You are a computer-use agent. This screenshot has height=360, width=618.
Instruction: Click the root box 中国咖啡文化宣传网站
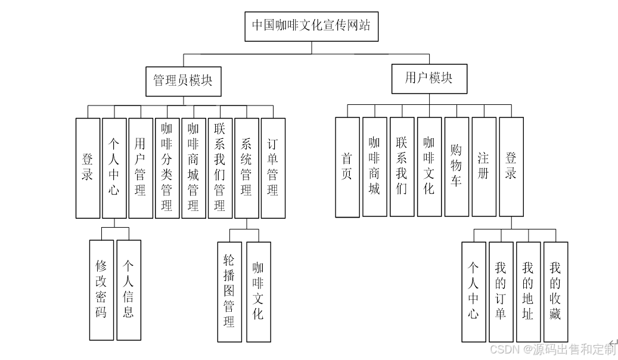pyautogui.click(x=311, y=26)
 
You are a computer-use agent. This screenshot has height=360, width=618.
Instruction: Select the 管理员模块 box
pyautogui.click(x=183, y=81)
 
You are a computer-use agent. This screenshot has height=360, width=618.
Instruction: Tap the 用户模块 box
pyautogui.click(x=428, y=79)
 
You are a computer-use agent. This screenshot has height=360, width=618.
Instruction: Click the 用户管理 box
pyautogui.click(x=141, y=167)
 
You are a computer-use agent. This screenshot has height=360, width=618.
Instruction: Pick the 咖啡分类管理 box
pyautogui.click(x=167, y=167)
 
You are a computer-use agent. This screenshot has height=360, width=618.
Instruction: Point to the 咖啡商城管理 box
pyautogui.click(x=193, y=167)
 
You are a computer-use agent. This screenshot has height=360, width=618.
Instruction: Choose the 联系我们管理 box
pyautogui.click(x=220, y=167)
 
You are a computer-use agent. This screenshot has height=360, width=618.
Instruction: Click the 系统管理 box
pyautogui.click(x=246, y=167)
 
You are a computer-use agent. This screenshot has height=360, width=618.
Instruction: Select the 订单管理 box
pyautogui.click(x=273, y=167)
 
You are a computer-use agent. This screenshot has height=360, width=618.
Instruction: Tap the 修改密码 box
pyautogui.click(x=101, y=290)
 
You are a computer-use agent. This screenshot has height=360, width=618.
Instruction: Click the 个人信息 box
pyautogui.click(x=129, y=290)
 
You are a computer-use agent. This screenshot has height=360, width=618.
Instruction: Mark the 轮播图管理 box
pyautogui.click(x=229, y=291)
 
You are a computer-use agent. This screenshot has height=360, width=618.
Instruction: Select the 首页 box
pyautogui.click(x=347, y=167)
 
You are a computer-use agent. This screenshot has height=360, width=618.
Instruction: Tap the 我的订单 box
pyautogui.click(x=501, y=291)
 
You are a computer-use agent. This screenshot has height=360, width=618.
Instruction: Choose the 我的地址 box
pyautogui.click(x=528, y=291)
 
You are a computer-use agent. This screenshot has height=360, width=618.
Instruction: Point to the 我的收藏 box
pyautogui.click(x=555, y=291)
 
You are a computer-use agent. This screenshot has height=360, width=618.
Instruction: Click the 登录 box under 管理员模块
pyautogui.click(x=88, y=167)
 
